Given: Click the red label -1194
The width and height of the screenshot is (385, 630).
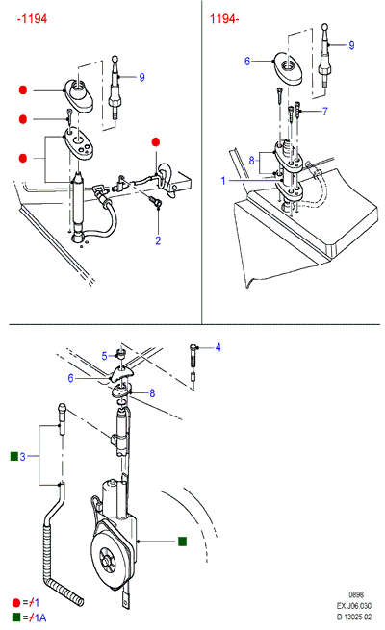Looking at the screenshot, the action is (32, 19).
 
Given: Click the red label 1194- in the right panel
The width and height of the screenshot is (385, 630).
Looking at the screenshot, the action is (224, 19).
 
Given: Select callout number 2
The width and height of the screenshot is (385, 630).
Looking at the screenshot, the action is (158, 240).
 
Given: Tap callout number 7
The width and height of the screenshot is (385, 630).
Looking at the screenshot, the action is (324, 112).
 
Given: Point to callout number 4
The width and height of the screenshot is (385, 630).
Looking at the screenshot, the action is (218, 347).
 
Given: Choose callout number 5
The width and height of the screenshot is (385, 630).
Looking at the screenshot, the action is (104, 356).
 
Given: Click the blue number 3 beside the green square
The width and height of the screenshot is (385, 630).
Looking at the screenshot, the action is (22, 457).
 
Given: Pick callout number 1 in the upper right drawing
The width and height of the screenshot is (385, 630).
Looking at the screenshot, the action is (223, 181).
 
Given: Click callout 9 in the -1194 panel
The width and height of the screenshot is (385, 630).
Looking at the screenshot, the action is (141, 77).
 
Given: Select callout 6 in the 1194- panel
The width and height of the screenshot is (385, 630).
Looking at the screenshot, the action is (247, 61).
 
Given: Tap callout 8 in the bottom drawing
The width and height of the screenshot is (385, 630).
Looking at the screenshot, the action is (152, 393).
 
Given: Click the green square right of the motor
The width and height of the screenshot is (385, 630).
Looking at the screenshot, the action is (182, 542).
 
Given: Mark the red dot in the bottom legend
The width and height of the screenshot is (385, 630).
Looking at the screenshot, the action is (16, 603).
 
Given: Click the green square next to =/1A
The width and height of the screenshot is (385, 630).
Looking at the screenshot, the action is (16, 617).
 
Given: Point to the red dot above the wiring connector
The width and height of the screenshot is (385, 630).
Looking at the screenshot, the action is (156, 141).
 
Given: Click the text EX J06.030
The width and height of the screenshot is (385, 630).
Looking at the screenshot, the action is (354, 606).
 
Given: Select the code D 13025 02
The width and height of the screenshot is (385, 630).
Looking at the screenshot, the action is (354, 617).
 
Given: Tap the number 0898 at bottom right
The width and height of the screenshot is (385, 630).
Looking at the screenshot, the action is (356, 594).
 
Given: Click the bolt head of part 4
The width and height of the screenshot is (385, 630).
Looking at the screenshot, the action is (193, 347).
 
